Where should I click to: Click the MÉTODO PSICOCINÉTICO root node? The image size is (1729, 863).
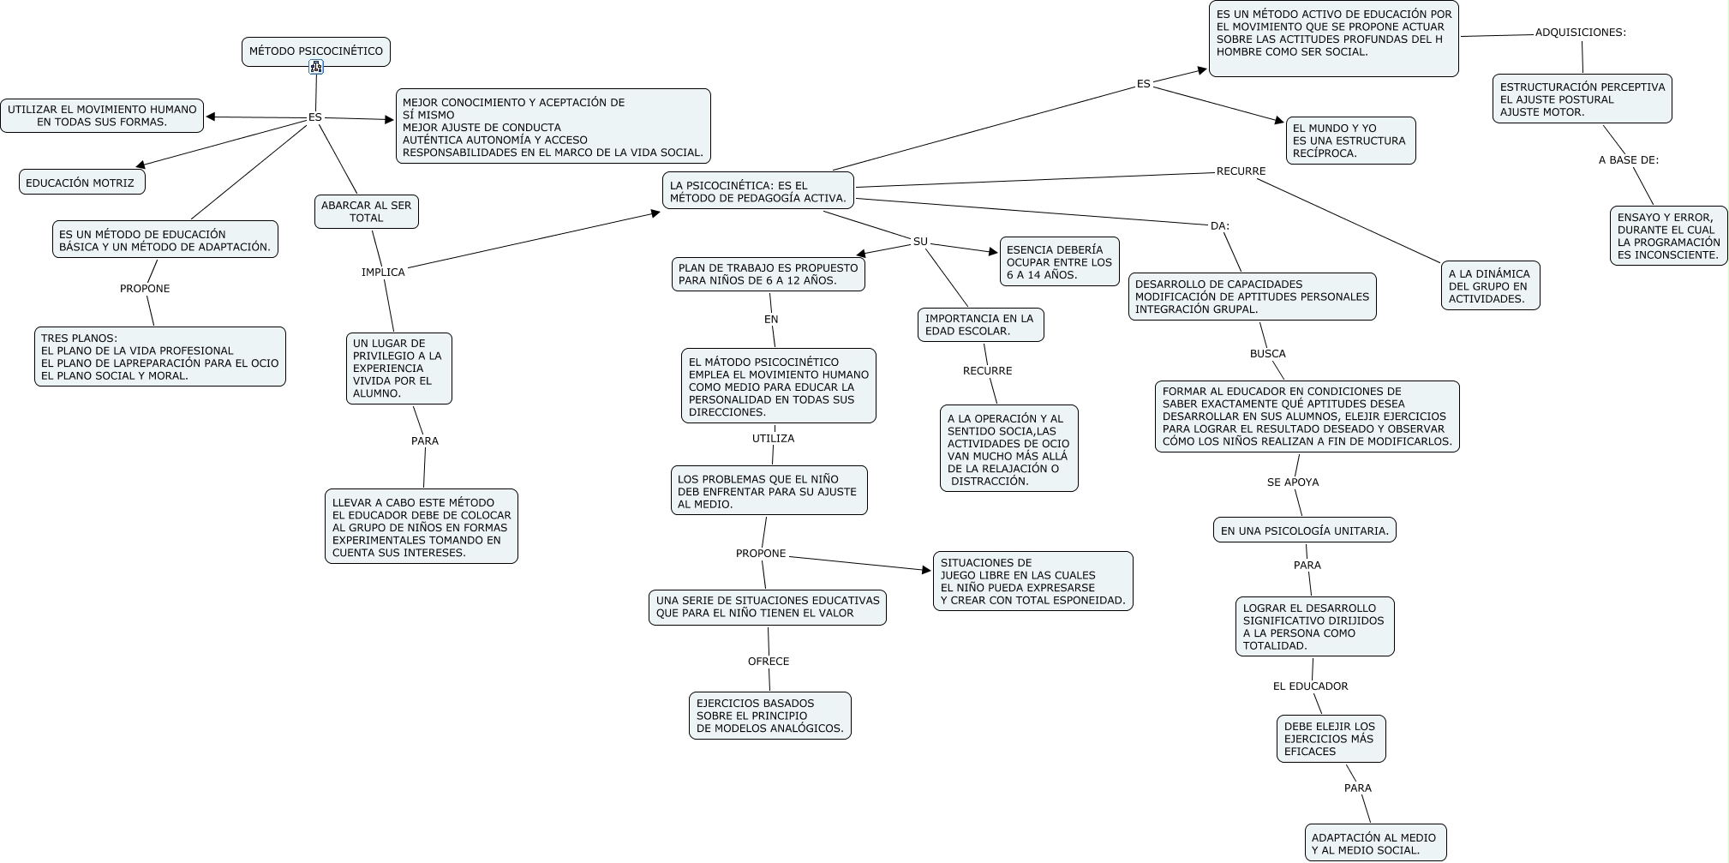[x=315, y=51]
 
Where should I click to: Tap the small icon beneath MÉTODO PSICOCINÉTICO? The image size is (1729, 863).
[x=316, y=68]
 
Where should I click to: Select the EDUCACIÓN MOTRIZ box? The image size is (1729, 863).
[x=81, y=183]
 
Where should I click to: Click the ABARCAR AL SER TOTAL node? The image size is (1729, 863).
[x=366, y=212]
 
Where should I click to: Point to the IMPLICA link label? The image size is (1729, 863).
[x=383, y=273]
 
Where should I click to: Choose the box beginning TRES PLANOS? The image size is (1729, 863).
[x=160, y=357]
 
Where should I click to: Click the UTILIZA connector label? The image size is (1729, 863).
[x=773, y=439]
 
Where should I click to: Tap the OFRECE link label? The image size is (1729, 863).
[x=769, y=662]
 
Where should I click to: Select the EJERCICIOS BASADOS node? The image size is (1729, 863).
[x=769, y=716]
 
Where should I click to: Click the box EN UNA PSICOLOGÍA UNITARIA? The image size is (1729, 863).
[x=1304, y=530]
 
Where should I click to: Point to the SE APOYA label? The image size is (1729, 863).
[x=1293, y=482]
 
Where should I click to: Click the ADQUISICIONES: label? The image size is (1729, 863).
[x=1580, y=33]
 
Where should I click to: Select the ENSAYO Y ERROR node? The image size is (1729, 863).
[x=1668, y=236]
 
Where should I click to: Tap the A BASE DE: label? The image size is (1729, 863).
[x=1628, y=160]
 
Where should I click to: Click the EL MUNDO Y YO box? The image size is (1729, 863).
[x=1349, y=141]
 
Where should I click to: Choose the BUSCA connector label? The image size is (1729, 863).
[x=1267, y=354]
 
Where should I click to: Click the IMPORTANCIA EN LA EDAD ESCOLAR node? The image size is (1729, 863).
[x=980, y=325]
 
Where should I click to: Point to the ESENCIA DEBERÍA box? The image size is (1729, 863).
[x=1059, y=262]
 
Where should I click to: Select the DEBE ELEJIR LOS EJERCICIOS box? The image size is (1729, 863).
[x=1330, y=739]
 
